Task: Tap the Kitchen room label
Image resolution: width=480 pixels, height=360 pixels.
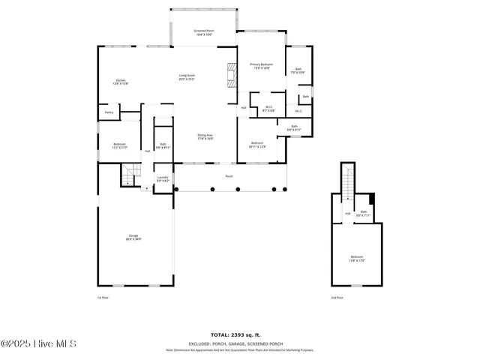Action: pos(121,82)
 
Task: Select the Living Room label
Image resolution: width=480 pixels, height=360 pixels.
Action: pos(187,77)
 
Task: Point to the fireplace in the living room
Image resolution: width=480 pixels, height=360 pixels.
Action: pos(231,76)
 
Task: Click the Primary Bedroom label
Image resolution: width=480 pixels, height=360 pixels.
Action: pos(261,66)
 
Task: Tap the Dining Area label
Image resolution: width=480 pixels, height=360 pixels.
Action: pos(205,136)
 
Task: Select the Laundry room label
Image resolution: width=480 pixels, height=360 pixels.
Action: pos(163,179)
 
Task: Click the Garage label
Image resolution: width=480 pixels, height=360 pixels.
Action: pos(133,238)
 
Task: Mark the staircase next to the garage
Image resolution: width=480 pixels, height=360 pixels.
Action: pos(129,177)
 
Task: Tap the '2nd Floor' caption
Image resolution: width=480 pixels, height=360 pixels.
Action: pos(337,298)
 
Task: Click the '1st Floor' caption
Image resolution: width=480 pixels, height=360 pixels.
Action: pos(104,298)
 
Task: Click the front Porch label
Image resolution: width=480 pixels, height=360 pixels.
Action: pos(229,176)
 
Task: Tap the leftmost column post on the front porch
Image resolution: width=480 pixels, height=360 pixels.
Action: pos(175,189)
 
